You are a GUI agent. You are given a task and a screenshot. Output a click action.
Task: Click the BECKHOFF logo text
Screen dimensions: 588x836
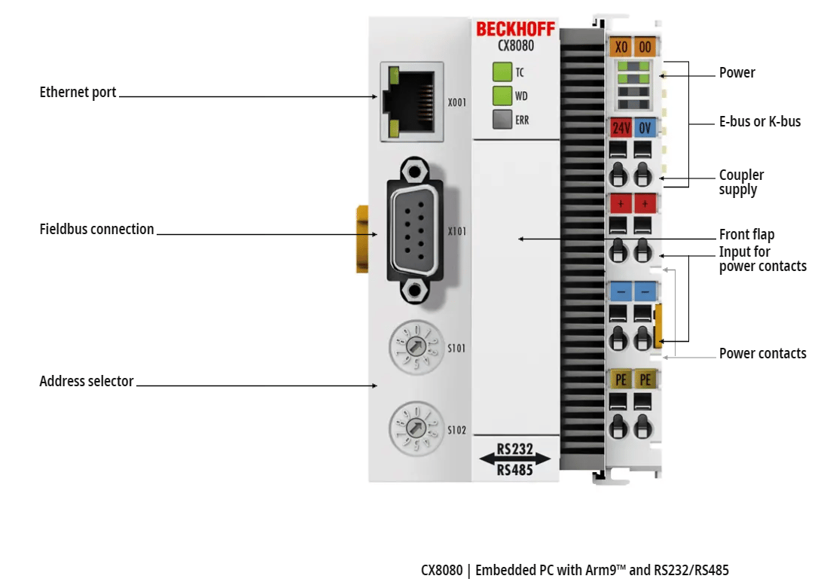tap(516, 29)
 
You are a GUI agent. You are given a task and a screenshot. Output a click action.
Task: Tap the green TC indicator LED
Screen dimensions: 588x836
tap(502, 72)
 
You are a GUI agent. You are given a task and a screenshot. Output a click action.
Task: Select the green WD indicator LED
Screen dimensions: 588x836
tap(502, 96)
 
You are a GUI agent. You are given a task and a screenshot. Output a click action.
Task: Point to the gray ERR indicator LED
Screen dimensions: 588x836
tap(502, 119)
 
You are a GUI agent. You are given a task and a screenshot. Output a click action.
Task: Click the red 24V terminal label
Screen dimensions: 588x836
tap(621, 127)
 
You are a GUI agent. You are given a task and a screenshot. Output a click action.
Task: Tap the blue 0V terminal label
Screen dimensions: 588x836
tap(645, 127)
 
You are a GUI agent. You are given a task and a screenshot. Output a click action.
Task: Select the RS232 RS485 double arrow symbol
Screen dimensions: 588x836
tap(515, 459)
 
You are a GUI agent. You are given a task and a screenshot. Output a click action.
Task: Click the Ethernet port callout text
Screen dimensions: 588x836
tap(78, 93)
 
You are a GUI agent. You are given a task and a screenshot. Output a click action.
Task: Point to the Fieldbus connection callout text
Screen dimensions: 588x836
tap(96, 229)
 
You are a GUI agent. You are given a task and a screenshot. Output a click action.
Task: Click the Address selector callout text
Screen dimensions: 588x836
tap(86, 382)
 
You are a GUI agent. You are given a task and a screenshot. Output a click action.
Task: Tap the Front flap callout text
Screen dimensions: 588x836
tap(746, 234)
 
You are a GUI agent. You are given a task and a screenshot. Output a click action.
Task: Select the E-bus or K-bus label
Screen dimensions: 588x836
tap(759, 121)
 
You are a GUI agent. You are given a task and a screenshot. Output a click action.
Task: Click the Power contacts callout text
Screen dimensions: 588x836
tap(762, 353)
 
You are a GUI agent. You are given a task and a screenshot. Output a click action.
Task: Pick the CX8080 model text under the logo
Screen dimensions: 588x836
tap(516, 46)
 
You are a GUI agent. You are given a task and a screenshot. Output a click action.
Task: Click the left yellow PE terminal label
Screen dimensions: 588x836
tap(621, 379)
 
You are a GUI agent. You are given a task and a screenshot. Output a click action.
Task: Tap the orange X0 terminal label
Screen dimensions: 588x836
tap(621, 47)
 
